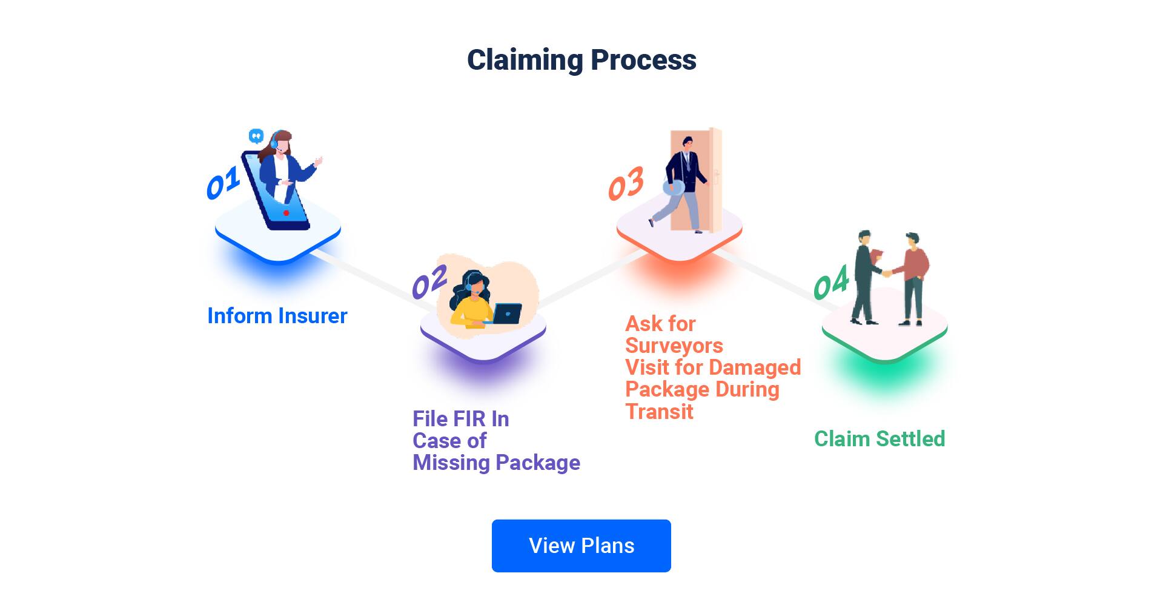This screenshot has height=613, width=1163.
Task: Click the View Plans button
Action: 581,546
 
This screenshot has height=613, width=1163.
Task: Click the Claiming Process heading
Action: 581,60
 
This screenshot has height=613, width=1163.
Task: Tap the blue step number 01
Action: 222,184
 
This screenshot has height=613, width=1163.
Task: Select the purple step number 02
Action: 429,283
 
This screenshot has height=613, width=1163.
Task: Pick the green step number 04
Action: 830,283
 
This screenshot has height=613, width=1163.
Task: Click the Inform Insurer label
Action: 277,316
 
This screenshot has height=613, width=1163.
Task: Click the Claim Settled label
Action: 879,439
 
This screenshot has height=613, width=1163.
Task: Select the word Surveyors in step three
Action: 674,346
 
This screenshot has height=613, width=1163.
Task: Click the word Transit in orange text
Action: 659,412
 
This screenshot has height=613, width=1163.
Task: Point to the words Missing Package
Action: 496,463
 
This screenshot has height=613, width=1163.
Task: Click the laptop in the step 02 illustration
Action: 507,314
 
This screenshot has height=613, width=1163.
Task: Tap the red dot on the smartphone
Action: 287,213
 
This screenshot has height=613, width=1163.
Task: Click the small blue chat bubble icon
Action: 256,135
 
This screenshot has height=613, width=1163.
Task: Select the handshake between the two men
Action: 886,273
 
